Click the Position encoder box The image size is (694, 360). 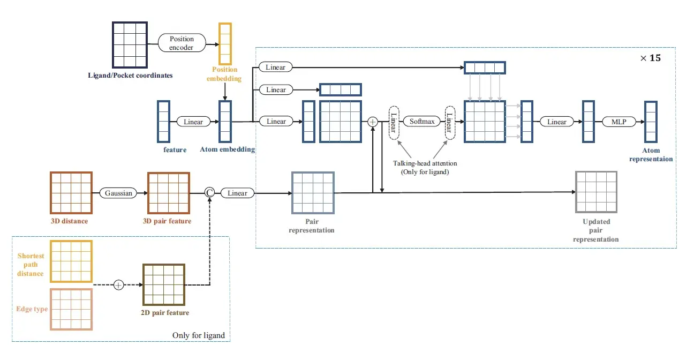pyautogui.click(x=182, y=43)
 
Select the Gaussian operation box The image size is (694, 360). pyautogui.click(x=118, y=193)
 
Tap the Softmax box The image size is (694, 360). pyautogui.click(x=420, y=122)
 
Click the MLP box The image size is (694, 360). pyautogui.click(x=619, y=122)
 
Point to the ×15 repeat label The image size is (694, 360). pyautogui.click(x=650, y=58)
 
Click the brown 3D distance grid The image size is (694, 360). pyautogui.click(x=71, y=193)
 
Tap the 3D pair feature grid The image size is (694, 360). pyautogui.click(x=169, y=193)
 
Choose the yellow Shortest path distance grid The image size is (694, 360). pyautogui.click(x=71, y=261)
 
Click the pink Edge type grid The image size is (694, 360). pyautogui.click(x=71, y=310)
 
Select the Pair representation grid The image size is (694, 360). pyautogui.click(x=312, y=193)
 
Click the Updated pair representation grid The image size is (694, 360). pyautogui.click(x=596, y=193)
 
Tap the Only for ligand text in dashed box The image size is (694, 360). pyautogui.click(x=198, y=335)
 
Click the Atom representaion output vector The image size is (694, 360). pyautogui.click(x=651, y=122)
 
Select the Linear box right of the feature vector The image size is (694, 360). pyautogui.click(x=193, y=122)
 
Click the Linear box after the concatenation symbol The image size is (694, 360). pyautogui.click(x=237, y=193)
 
